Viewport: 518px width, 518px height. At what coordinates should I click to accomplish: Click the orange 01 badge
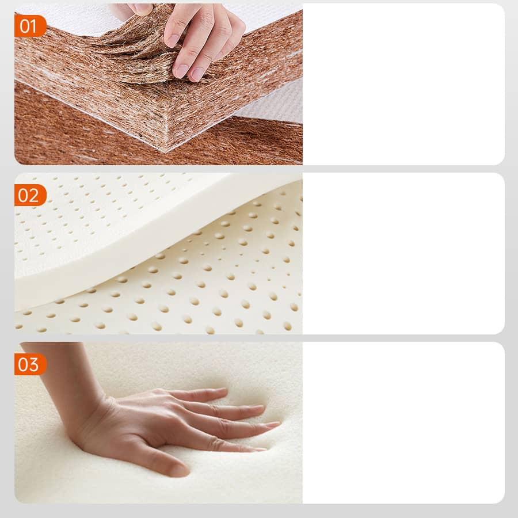30,26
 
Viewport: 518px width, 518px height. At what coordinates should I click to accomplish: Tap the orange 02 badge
30,195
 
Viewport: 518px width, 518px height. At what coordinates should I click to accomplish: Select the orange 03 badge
30,364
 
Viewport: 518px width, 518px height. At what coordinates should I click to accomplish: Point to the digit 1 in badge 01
33,26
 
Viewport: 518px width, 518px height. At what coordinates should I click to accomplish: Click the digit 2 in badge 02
34,195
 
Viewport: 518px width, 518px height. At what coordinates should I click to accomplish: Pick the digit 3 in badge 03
34,365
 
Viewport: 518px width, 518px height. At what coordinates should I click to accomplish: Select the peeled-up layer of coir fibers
139,49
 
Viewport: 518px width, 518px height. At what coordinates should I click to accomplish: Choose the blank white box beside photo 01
403,84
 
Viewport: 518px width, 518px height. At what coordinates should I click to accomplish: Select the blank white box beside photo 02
403,253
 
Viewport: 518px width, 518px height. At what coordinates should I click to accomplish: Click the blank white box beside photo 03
403,423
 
